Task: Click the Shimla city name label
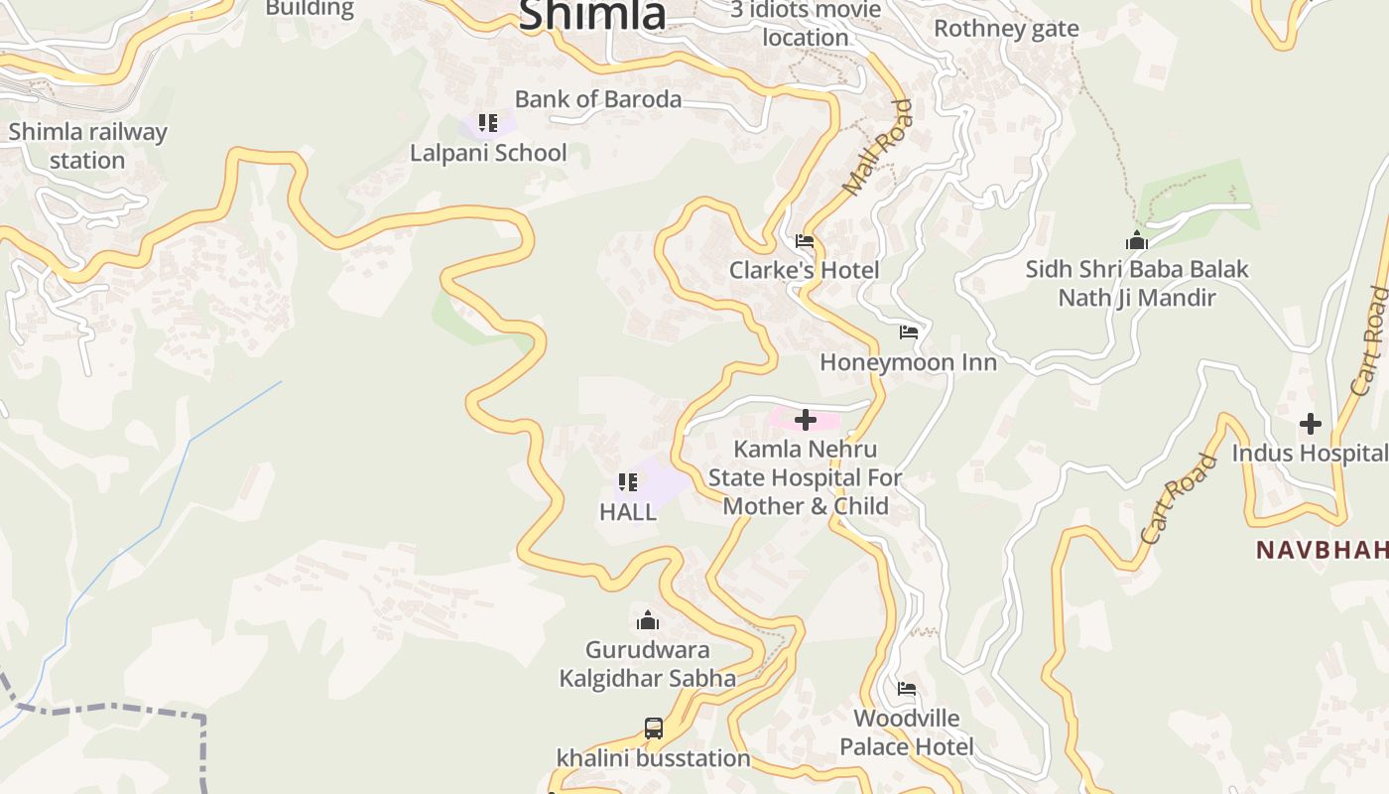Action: tap(592, 14)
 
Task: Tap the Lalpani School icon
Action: tap(487, 123)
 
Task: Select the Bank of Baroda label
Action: tap(597, 99)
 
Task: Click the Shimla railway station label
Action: tap(87, 146)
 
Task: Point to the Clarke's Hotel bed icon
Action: tap(805, 241)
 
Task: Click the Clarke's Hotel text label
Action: tap(804, 270)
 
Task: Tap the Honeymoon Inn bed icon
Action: tap(909, 332)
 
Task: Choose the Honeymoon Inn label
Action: tap(908, 362)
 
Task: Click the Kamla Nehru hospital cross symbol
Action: tap(806, 420)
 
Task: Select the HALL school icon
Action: tap(628, 482)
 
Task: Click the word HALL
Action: tap(628, 512)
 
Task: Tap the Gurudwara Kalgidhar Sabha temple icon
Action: tap(648, 621)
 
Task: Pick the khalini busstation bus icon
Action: tap(654, 728)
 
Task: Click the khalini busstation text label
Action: tap(653, 758)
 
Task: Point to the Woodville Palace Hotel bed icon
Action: tap(907, 689)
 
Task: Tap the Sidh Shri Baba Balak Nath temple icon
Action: tap(1137, 240)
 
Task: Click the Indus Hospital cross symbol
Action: tap(1311, 424)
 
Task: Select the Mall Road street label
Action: tap(876, 147)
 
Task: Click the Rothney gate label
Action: tap(1006, 29)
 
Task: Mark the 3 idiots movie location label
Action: tap(805, 24)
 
